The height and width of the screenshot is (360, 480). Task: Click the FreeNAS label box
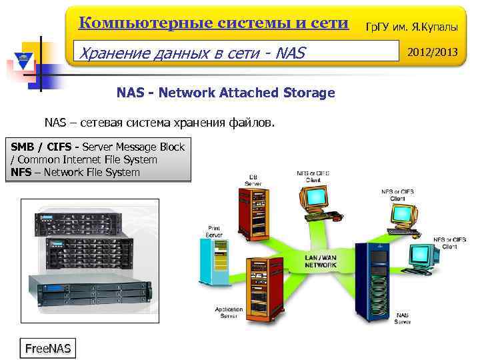47,348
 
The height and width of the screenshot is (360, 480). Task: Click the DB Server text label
253,179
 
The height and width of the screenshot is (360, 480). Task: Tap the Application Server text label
229,312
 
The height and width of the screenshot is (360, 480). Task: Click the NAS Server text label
402,318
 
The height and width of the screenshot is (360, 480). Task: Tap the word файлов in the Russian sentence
250,123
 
